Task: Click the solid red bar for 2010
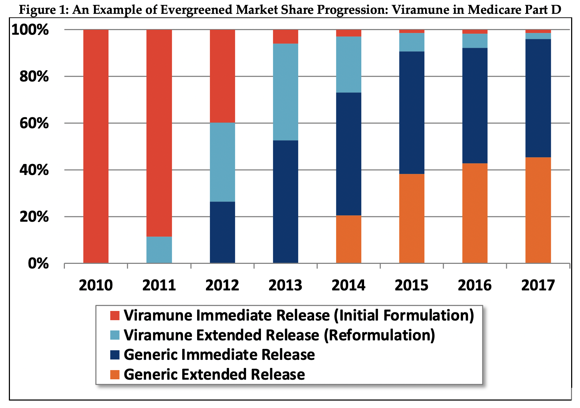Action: pyautogui.click(x=96, y=146)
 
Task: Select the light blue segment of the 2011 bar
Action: pyautogui.click(x=159, y=250)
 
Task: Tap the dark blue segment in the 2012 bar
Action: pyautogui.click(x=222, y=232)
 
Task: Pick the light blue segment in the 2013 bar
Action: pyautogui.click(x=285, y=92)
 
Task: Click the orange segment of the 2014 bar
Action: pyautogui.click(x=348, y=239)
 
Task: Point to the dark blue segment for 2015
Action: pyautogui.click(x=412, y=113)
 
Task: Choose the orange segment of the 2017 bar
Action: pyautogui.click(x=538, y=210)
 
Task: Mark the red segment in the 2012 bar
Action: pyautogui.click(x=222, y=76)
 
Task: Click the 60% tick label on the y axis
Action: pyautogui.click(x=34, y=124)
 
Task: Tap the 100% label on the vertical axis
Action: pyautogui.click(x=30, y=30)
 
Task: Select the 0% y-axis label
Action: pyautogui.click(x=38, y=263)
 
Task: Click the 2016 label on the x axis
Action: pyautogui.click(x=475, y=285)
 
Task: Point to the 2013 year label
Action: pyautogui.click(x=285, y=285)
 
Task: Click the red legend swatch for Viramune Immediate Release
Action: pyautogui.click(x=115, y=316)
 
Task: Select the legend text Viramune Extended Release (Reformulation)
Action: pyautogui.click(x=279, y=335)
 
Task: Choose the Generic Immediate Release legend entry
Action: pyautogui.click(x=219, y=355)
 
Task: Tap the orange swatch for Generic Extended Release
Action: pyautogui.click(x=115, y=375)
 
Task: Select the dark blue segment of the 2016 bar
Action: pyautogui.click(x=475, y=106)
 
